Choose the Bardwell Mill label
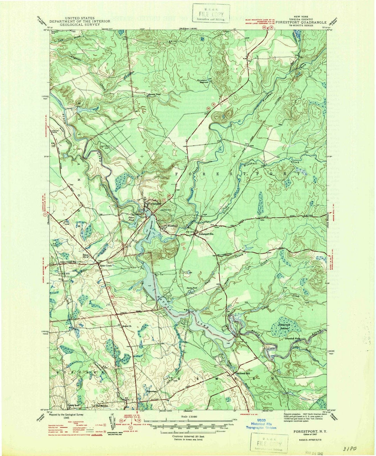[243, 373]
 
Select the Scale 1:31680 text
[188, 416]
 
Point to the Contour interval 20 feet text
[188, 436]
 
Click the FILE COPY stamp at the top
[212, 14]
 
